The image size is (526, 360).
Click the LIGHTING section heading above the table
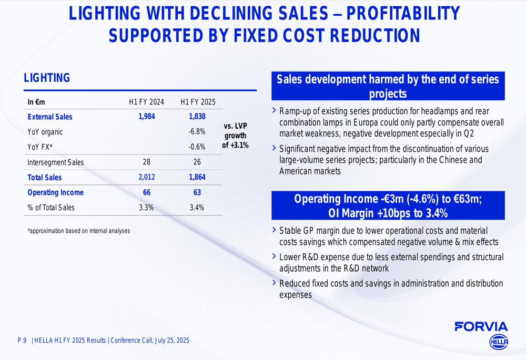click(47, 78)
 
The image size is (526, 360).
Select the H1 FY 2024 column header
click(147, 102)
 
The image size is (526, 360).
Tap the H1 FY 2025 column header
click(197, 102)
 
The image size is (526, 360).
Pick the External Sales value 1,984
click(147, 117)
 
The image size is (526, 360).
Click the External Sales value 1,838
click(197, 117)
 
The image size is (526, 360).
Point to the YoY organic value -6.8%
click(197, 132)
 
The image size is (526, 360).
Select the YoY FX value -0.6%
click(197, 147)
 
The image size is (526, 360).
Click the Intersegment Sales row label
click(55, 162)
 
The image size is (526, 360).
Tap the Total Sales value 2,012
click(147, 178)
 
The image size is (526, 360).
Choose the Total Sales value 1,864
click(197, 178)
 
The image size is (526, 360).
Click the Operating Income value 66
click(147, 192)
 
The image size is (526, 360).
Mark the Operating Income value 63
click(197, 192)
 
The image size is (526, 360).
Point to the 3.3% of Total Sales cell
click(146, 208)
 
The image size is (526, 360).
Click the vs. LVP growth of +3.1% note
click(235, 136)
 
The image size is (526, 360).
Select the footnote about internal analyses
click(78, 231)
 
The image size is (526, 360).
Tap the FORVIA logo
click(481, 326)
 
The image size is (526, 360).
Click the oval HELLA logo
click(499, 342)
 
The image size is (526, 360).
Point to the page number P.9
click(22, 341)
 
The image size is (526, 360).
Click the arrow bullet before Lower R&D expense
click(274, 256)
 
